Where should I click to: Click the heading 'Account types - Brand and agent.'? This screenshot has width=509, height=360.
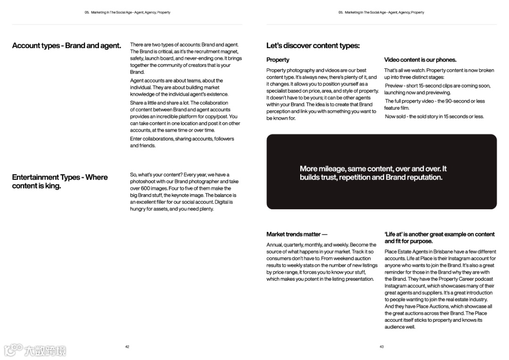pyautogui.click(x=66, y=46)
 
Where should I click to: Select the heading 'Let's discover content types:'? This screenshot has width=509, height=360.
pyautogui.click(x=312, y=46)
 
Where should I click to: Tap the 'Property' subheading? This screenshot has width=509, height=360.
pyautogui.click(x=278, y=60)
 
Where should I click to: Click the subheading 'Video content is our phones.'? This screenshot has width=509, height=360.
pyautogui.click(x=420, y=60)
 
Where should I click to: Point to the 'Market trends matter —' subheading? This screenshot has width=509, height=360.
pyautogui.click(x=296, y=234)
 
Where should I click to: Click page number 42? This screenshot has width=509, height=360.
pyautogui.click(x=127, y=347)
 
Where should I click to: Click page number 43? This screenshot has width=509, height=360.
pyautogui.click(x=382, y=347)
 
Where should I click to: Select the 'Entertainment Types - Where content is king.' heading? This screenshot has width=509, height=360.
pyautogui.click(x=60, y=181)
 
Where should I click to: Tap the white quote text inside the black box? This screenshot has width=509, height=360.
pyautogui.click(x=373, y=173)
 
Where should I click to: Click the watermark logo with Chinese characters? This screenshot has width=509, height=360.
pyautogui.click(x=35, y=350)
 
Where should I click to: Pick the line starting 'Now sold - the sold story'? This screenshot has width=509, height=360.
pyautogui.click(x=434, y=116)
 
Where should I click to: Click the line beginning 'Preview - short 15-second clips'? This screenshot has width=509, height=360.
pyautogui.click(x=437, y=86)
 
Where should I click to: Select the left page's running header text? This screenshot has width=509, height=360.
pyautogui.click(x=127, y=13)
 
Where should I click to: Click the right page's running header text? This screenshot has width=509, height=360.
pyautogui.click(x=381, y=13)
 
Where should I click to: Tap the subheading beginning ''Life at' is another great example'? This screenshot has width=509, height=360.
pyautogui.click(x=439, y=237)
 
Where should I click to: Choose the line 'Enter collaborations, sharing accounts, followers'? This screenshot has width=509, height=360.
pyautogui.click(x=182, y=139)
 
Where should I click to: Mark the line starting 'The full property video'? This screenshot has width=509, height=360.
pyautogui.click(x=435, y=101)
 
